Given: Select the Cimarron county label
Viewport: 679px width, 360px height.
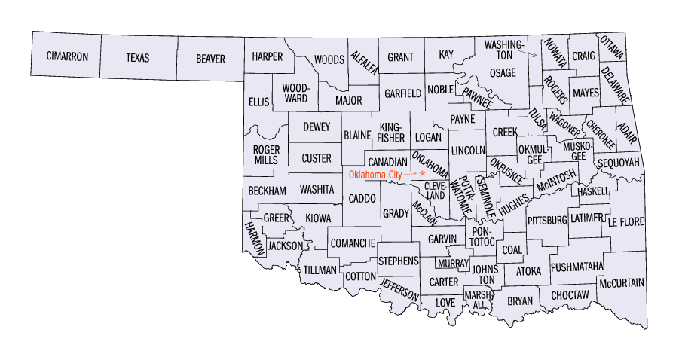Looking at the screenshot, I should [67, 57].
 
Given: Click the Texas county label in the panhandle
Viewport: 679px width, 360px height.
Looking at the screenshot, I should [138, 57].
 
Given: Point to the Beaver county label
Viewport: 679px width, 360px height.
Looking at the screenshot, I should [210, 57].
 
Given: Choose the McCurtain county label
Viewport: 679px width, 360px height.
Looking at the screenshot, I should [622, 282].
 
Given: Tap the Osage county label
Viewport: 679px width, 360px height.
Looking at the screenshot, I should [503, 73].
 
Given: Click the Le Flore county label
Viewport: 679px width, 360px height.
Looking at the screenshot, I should [627, 221].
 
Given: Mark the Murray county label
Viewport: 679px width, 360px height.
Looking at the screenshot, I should [452, 264].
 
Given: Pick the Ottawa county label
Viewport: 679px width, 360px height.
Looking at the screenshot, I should [611, 47].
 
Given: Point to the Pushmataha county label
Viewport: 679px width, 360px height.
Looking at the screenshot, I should [577, 267].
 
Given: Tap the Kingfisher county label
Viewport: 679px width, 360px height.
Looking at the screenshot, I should [393, 132].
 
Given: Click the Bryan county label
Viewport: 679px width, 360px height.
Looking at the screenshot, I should [520, 301].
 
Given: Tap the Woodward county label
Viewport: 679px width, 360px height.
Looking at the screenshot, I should [295, 93].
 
